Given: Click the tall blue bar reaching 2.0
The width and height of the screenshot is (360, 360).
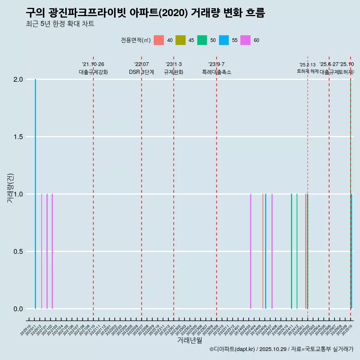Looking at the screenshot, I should tap(35, 194).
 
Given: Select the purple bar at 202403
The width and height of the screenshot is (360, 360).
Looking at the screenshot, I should tap(250, 251).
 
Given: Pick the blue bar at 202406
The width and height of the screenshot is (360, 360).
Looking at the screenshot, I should tap(265, 251).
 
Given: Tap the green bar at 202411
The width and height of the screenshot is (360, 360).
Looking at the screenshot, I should tap(291, 251).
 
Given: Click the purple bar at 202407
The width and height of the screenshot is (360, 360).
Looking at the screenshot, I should tap(272, 251).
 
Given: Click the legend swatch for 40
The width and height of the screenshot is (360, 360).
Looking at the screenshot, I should tap(159, 40).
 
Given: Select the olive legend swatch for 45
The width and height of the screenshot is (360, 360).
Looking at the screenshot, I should tap(180, 40).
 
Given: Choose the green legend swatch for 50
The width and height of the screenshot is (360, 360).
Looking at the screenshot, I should tap(202, 40).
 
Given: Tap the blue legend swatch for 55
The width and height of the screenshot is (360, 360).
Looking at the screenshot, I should tap(224, 40).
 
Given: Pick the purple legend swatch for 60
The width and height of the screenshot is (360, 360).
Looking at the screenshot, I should tap(245, 40).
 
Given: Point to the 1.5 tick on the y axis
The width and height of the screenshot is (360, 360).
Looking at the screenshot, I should tap(18, 137).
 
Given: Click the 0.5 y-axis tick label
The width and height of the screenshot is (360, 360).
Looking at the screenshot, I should tap(18, 252).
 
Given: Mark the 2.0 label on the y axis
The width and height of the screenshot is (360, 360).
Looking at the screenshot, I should tap(18, 79).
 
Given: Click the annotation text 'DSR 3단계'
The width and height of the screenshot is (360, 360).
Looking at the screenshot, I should tap(141, 72).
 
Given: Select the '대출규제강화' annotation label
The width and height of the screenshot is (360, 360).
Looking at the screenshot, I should tap(93, 72).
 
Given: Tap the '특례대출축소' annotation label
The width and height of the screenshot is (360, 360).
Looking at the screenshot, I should tap(217, 72).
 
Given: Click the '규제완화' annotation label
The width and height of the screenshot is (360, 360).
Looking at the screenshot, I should tap(174, 72).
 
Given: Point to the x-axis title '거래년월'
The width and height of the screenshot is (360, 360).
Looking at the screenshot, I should tap(189, 340).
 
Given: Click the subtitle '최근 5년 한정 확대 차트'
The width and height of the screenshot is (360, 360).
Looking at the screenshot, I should tap(60, 24).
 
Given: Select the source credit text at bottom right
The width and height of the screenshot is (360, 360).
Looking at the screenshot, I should tap(281, 349).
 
